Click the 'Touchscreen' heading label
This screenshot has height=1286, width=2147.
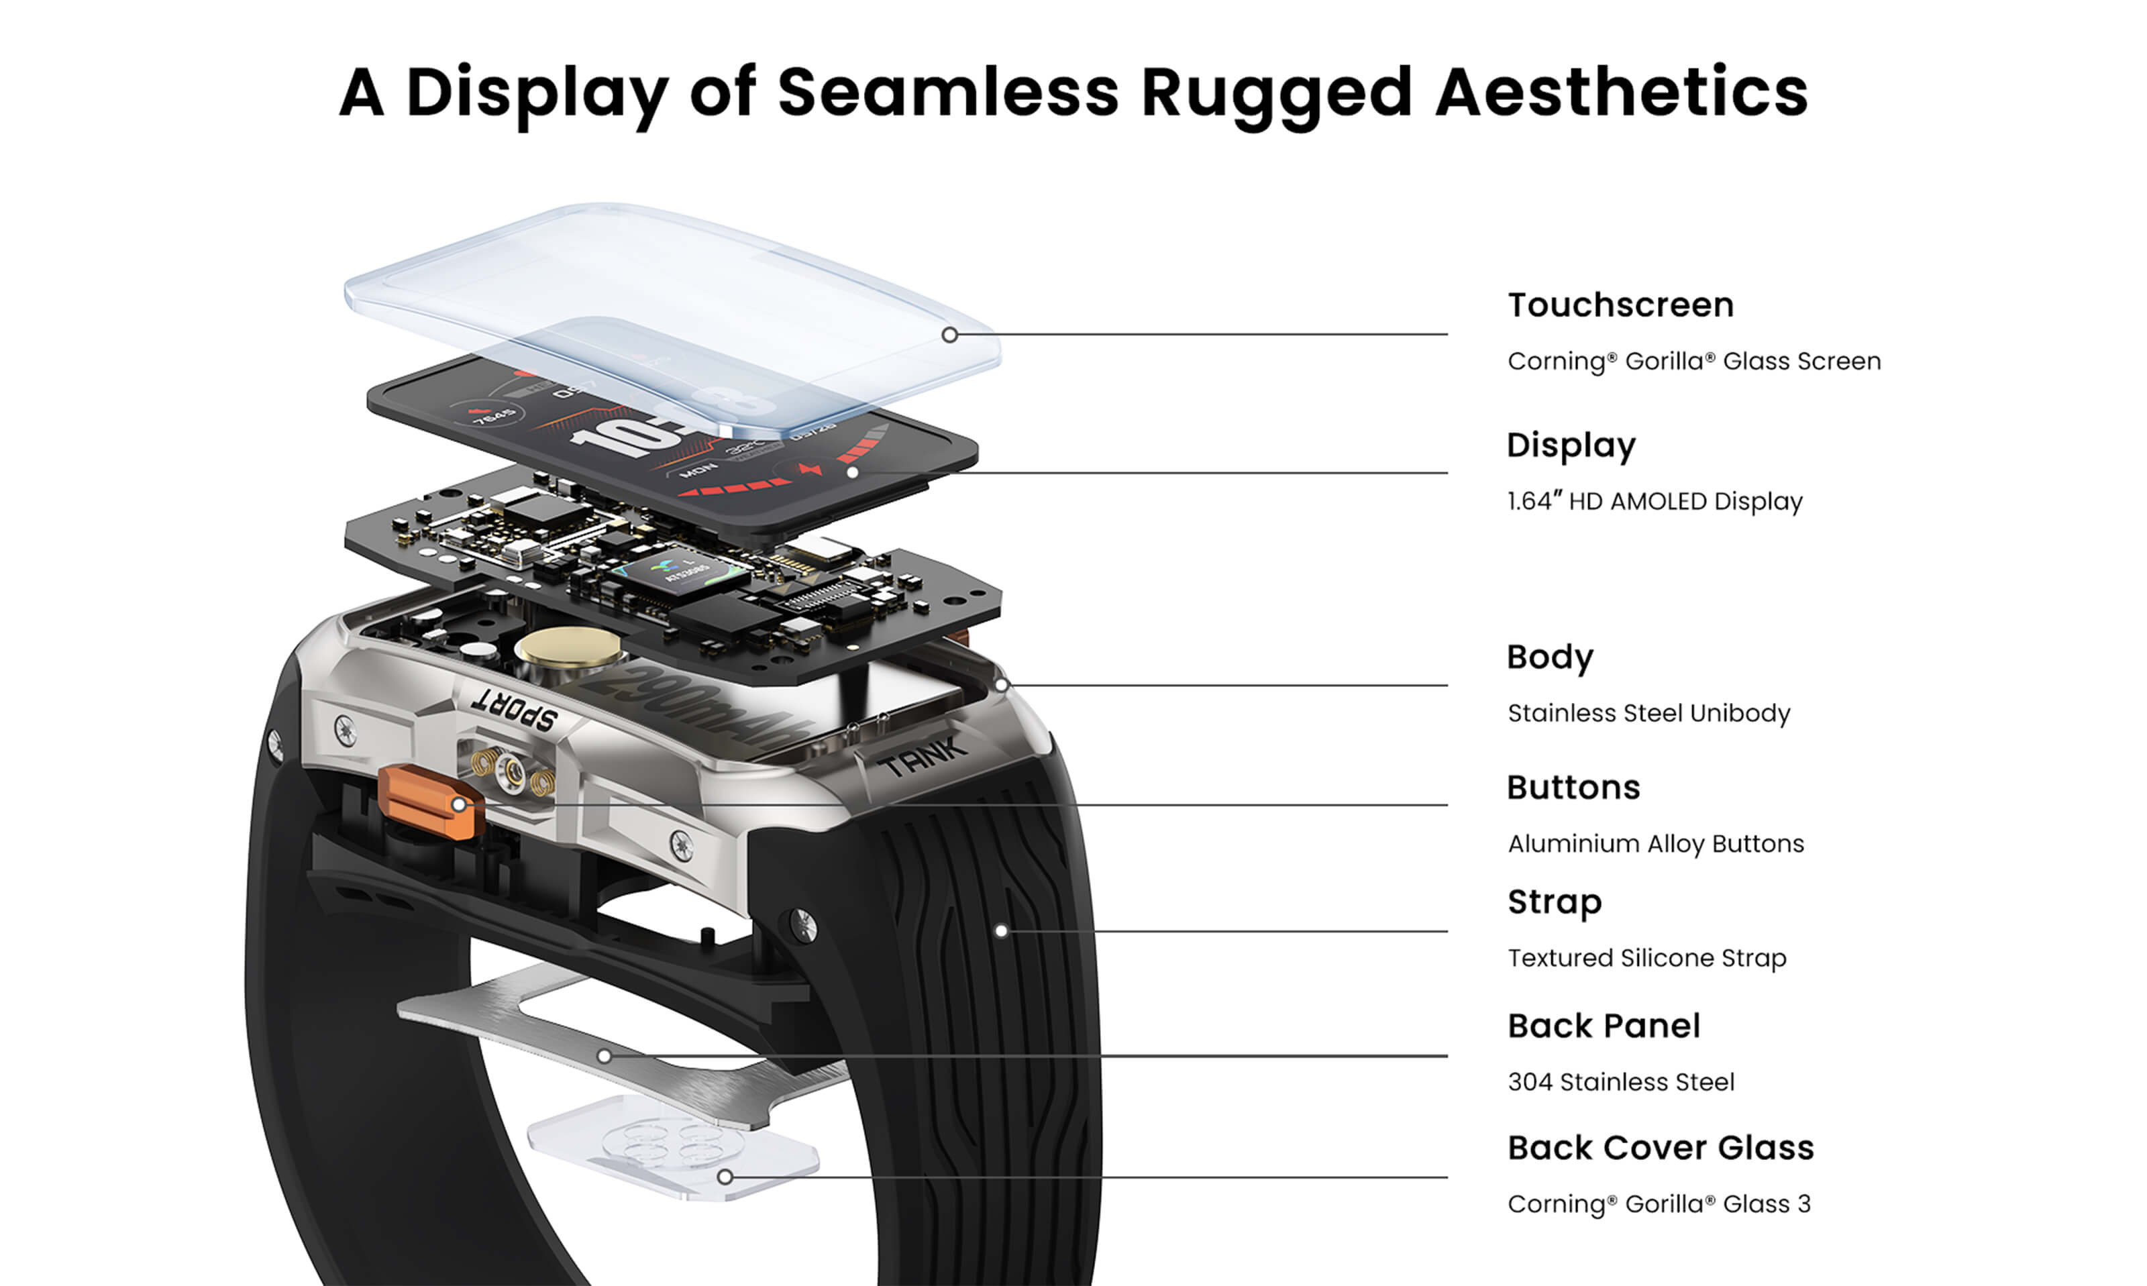(x=1620, y=305)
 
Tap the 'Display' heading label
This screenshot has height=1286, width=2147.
(x=1570, y=445)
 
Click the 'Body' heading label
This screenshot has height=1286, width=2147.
(x=1549, y=657)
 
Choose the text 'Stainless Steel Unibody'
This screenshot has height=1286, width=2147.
(x=1648, y=713)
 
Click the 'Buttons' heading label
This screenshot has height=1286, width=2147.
(x=1573, y=788)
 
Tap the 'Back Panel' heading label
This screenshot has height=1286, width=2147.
(x=1603, y=1026)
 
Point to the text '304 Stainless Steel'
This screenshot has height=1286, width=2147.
(x=1620, y=1082)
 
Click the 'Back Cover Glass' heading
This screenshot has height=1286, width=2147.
(x=1659, y=1148)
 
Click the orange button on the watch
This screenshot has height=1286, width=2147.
(x=427, y=802)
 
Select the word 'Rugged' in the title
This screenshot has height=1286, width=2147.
(x=1276, y=92)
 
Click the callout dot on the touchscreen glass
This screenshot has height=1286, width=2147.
(x=949, y=335)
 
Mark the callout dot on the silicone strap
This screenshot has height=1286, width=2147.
(x=1001, y=932)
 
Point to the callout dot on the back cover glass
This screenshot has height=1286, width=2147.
(x=725, y=1177)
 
